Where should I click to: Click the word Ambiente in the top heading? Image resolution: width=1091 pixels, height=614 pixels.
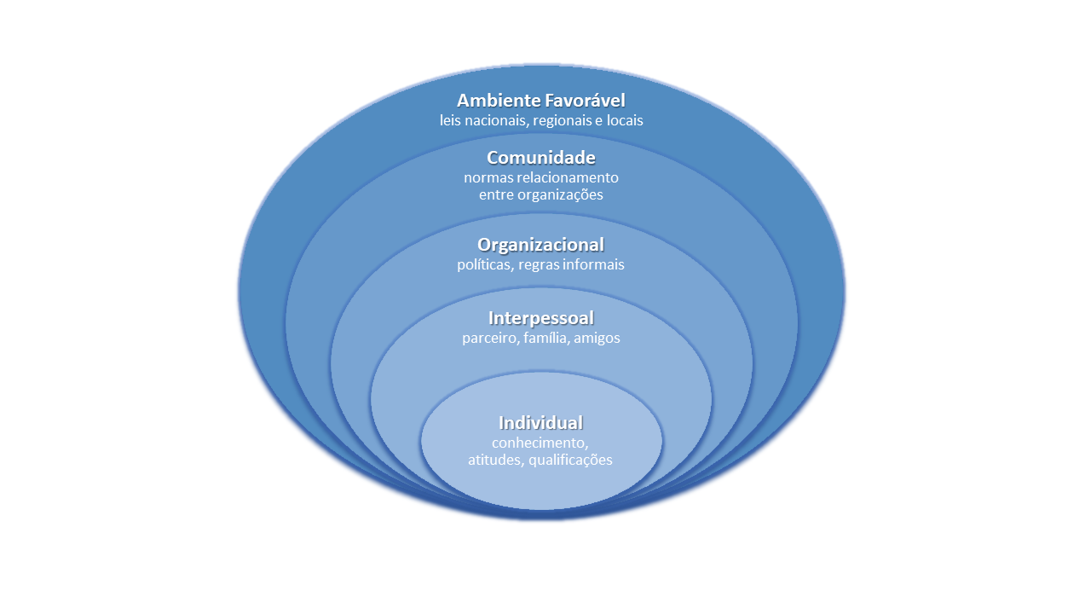[x=499, y=101]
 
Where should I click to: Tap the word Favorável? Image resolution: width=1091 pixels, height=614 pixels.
[x=585, y=101]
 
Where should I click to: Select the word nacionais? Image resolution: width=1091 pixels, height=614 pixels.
[x=495, y=120]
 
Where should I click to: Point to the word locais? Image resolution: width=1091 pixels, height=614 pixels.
[x=625, y=120]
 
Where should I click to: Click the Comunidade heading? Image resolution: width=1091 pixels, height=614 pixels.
[x=541, y=158]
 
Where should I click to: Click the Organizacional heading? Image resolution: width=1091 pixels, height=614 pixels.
[x=540, y=245]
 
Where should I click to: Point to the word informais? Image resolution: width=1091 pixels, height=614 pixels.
[x=593, y=264]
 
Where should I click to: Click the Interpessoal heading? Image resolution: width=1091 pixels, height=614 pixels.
[x=541, y=318]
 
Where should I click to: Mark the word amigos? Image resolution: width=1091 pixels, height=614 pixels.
[x=597, y=339]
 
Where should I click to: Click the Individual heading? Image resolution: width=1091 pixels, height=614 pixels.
[x=540, y=422]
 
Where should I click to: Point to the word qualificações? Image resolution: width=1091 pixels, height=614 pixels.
[x=571, y=460]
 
